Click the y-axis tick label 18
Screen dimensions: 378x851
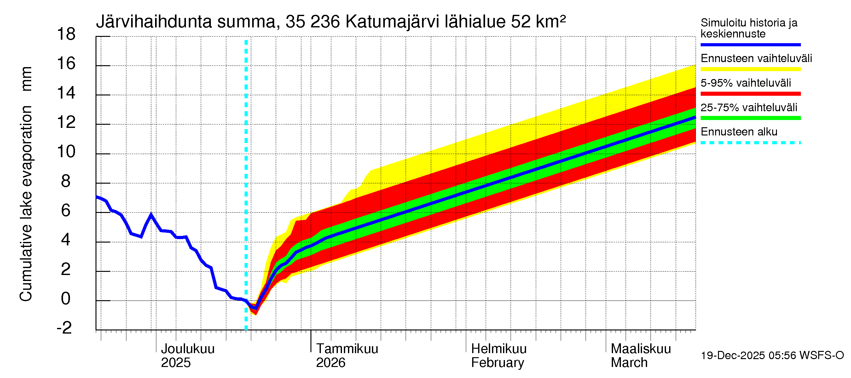(66, 34)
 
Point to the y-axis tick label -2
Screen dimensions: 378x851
(64, 328)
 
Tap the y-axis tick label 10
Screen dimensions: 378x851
(66, 152)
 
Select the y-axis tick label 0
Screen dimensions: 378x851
(66, 299)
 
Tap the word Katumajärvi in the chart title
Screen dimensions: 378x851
(392, 22)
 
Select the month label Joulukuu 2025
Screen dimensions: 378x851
(187, 356)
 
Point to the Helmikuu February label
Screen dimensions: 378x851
(499, 356)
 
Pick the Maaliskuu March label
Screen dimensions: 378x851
(640, 356)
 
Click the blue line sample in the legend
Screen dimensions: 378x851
(750, 44)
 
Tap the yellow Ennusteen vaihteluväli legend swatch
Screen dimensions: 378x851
(750, 69)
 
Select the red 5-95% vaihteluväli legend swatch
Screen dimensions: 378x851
(750, 94)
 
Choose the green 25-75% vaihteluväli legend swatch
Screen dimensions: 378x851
(750, 118)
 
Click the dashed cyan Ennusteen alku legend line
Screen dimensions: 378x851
(750, 143)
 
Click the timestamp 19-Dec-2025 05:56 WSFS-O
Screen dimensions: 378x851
(772, 356)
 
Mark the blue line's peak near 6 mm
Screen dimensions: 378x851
(151, 215)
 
